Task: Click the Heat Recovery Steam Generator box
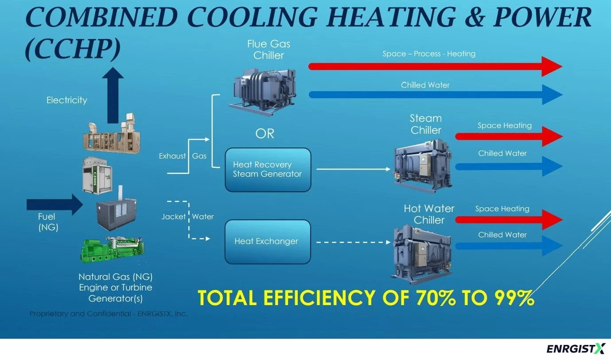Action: [268, 170]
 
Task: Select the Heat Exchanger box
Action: [268, 242]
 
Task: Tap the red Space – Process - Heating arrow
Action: [434, 66]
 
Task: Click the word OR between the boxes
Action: [265, 133]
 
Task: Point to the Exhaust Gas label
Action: [183, 156]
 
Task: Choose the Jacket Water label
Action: [187, 217]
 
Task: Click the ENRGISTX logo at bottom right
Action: [575, 349]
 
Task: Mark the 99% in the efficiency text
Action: [510, 298]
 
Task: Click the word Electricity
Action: [67, 100]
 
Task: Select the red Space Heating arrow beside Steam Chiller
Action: [509, 136]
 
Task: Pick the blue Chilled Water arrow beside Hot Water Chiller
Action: [509, 246]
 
